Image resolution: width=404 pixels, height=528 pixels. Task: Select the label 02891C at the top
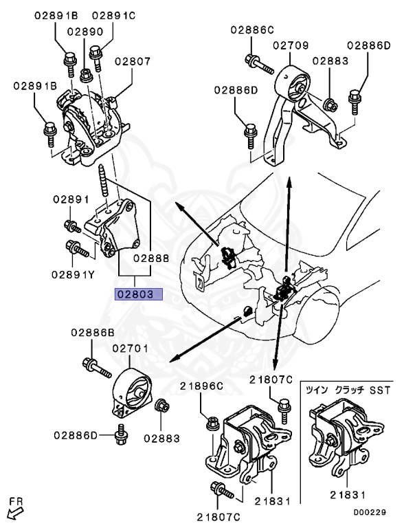click(x=113, y=16)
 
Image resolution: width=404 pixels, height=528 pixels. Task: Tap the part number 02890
click(x=85, y=32)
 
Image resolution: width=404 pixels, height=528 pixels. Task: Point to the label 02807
click(x=133, y=61)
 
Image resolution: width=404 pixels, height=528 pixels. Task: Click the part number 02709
click(x=291, y=45)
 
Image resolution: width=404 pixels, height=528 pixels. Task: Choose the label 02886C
click(x=252, y=30)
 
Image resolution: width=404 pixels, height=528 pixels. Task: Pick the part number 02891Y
click(x=73, y=275)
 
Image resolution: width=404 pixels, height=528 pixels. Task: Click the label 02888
click(x=151, y=258)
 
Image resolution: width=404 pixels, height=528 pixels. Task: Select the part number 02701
click(x=130, y=348)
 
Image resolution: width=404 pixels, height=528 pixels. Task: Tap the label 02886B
click(x=93, y=333)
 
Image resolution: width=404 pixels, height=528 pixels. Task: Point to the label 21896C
click(x=201, y=386)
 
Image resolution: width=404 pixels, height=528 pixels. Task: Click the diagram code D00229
click(x=370, y=512)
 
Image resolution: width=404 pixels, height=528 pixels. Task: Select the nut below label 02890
click(x=86, y=76)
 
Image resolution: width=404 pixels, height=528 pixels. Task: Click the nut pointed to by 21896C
click(x=212, y=423)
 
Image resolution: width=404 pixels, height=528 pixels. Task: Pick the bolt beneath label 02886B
click(x=97, y=368)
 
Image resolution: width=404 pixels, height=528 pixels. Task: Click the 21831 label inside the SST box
click(x=348, y=495)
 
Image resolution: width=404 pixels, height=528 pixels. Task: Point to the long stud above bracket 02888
click(x=103, y=181)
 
